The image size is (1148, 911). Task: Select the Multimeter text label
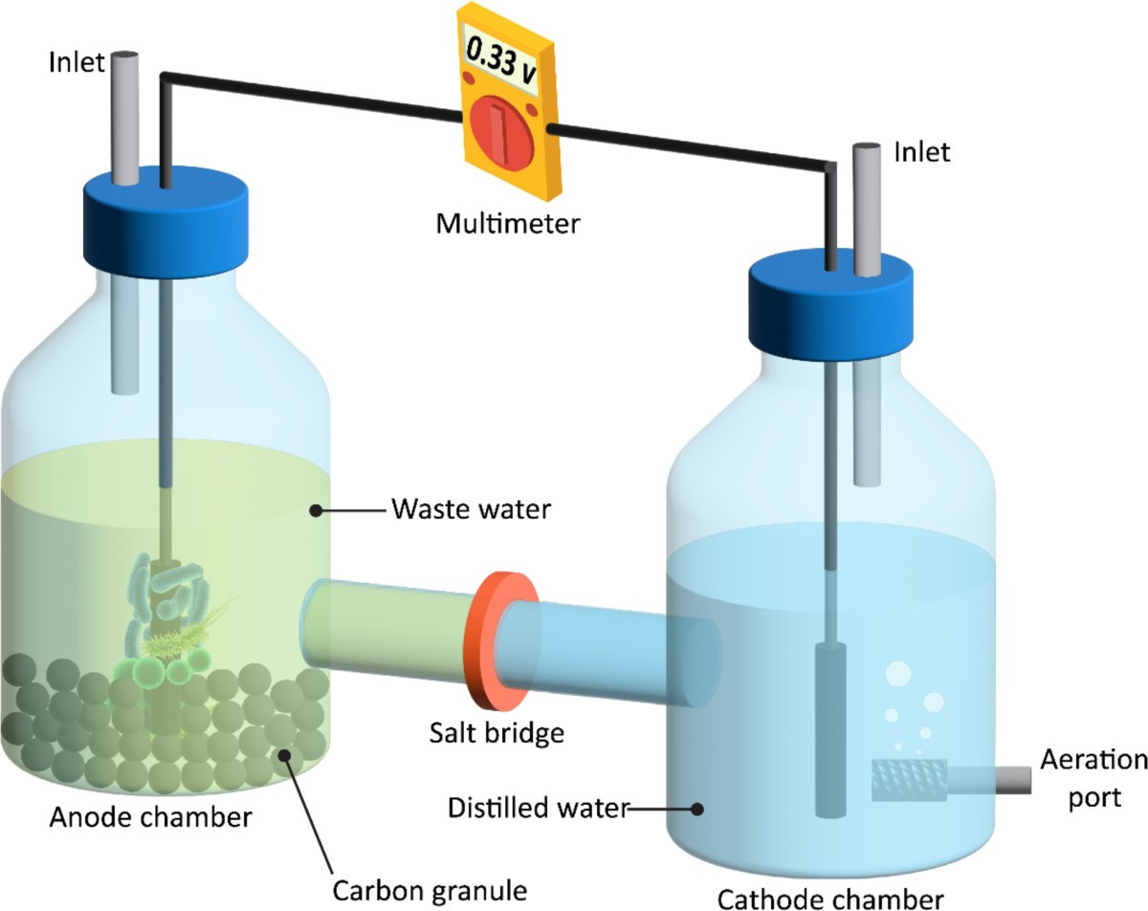pyautogui.click(x=507, y=224)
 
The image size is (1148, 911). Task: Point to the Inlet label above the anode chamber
pyautogui.click(x=77, y=63)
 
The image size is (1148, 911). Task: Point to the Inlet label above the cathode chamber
pyautogui.click(x=922, y=153)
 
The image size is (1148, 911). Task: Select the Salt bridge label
pyautogui.click(x=497, y=733)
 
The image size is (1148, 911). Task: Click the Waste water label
pyautogui.click(x=471, y=509)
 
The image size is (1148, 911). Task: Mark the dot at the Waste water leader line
pyautogui.click(x=316, y=511)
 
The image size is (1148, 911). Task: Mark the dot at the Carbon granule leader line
pyautogui.click(x=285, y=755)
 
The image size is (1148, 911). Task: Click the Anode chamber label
pyautogui.click(x=150, y=817)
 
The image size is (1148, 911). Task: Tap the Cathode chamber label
pyautogui.click(x=830, y=900)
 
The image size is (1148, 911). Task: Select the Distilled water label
pyautogui.click(x=539, y=808)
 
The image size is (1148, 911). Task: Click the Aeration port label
pyautogui.click(x=1093, y=779)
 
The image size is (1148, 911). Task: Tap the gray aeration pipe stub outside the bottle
pyautogui.click(x=1013, y=780)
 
